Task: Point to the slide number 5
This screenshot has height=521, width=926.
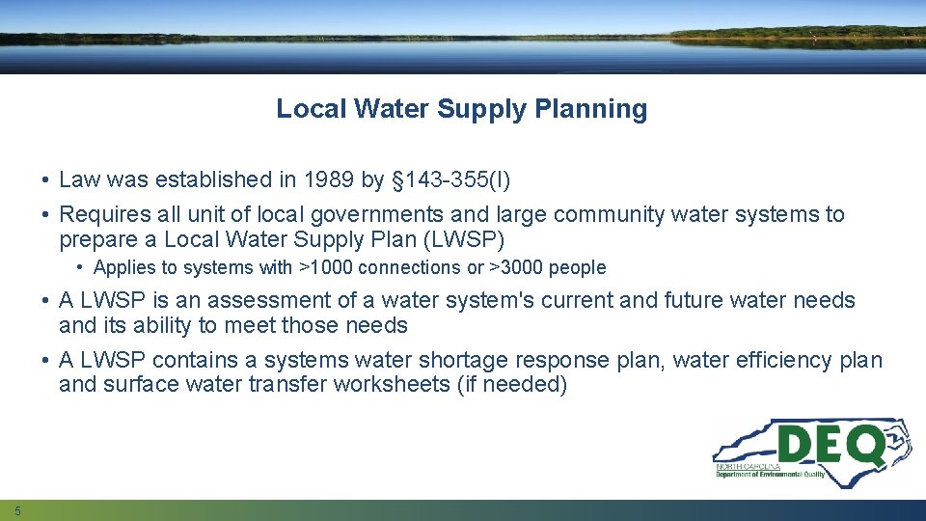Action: [17, 510]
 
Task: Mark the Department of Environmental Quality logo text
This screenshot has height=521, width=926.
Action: [770, 475]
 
